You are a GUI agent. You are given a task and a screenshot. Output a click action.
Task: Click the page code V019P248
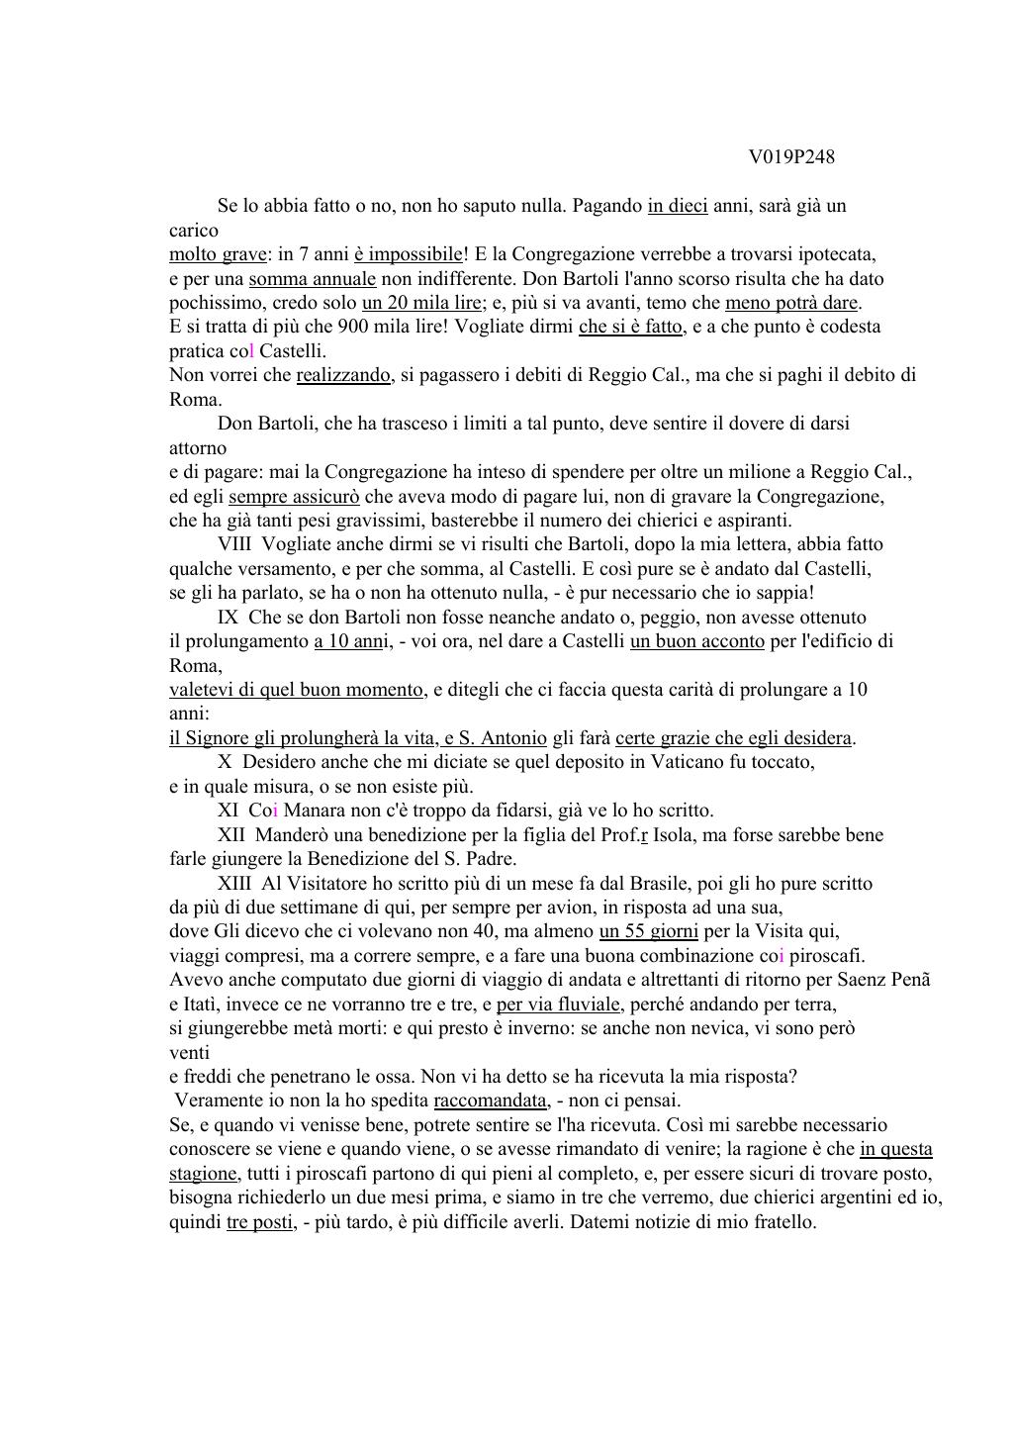(x=791, y=157)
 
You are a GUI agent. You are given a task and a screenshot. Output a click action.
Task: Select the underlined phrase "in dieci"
(x=678, y=206)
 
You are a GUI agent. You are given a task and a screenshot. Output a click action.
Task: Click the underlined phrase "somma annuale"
(x=313, y=279)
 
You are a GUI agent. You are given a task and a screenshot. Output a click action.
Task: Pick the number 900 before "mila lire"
(x=353, y=327)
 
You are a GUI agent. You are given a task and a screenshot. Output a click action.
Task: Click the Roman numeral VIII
(x=234, y=544)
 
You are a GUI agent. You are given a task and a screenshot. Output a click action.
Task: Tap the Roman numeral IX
(x=228, y=617)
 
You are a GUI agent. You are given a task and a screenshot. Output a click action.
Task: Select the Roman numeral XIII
(x=234, y=884)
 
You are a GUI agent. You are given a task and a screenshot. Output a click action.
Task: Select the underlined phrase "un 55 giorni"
(x=649, y=931)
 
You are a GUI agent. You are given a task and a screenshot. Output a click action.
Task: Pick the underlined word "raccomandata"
(x=490, y=1100)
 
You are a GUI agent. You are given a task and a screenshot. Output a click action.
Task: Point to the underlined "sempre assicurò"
(x=294, y=496)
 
